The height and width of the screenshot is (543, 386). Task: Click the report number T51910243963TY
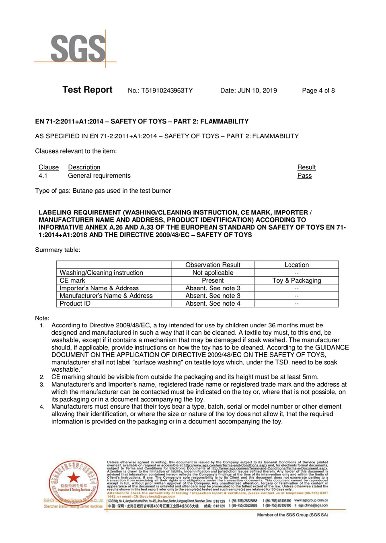160,90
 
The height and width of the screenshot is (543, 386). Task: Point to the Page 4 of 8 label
318,90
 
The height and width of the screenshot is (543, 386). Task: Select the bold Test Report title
87,90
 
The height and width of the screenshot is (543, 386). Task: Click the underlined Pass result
304,176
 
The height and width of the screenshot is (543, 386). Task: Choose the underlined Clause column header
49,167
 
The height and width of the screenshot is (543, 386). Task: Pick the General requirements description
99,176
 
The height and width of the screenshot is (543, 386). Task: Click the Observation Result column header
213,265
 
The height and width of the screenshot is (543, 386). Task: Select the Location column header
297,265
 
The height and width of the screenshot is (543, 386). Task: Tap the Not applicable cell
213,273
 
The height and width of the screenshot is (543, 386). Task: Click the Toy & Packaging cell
297,280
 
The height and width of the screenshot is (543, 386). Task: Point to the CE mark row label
72,280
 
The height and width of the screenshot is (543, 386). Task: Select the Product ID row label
75,303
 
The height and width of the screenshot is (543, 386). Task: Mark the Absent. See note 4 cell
213,303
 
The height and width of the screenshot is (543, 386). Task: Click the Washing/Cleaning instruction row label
101,273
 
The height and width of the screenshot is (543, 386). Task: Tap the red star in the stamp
74,477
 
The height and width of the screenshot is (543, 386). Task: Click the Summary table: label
57,250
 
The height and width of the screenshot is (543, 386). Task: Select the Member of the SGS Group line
292,515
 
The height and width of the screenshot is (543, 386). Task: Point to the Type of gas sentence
103,191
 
